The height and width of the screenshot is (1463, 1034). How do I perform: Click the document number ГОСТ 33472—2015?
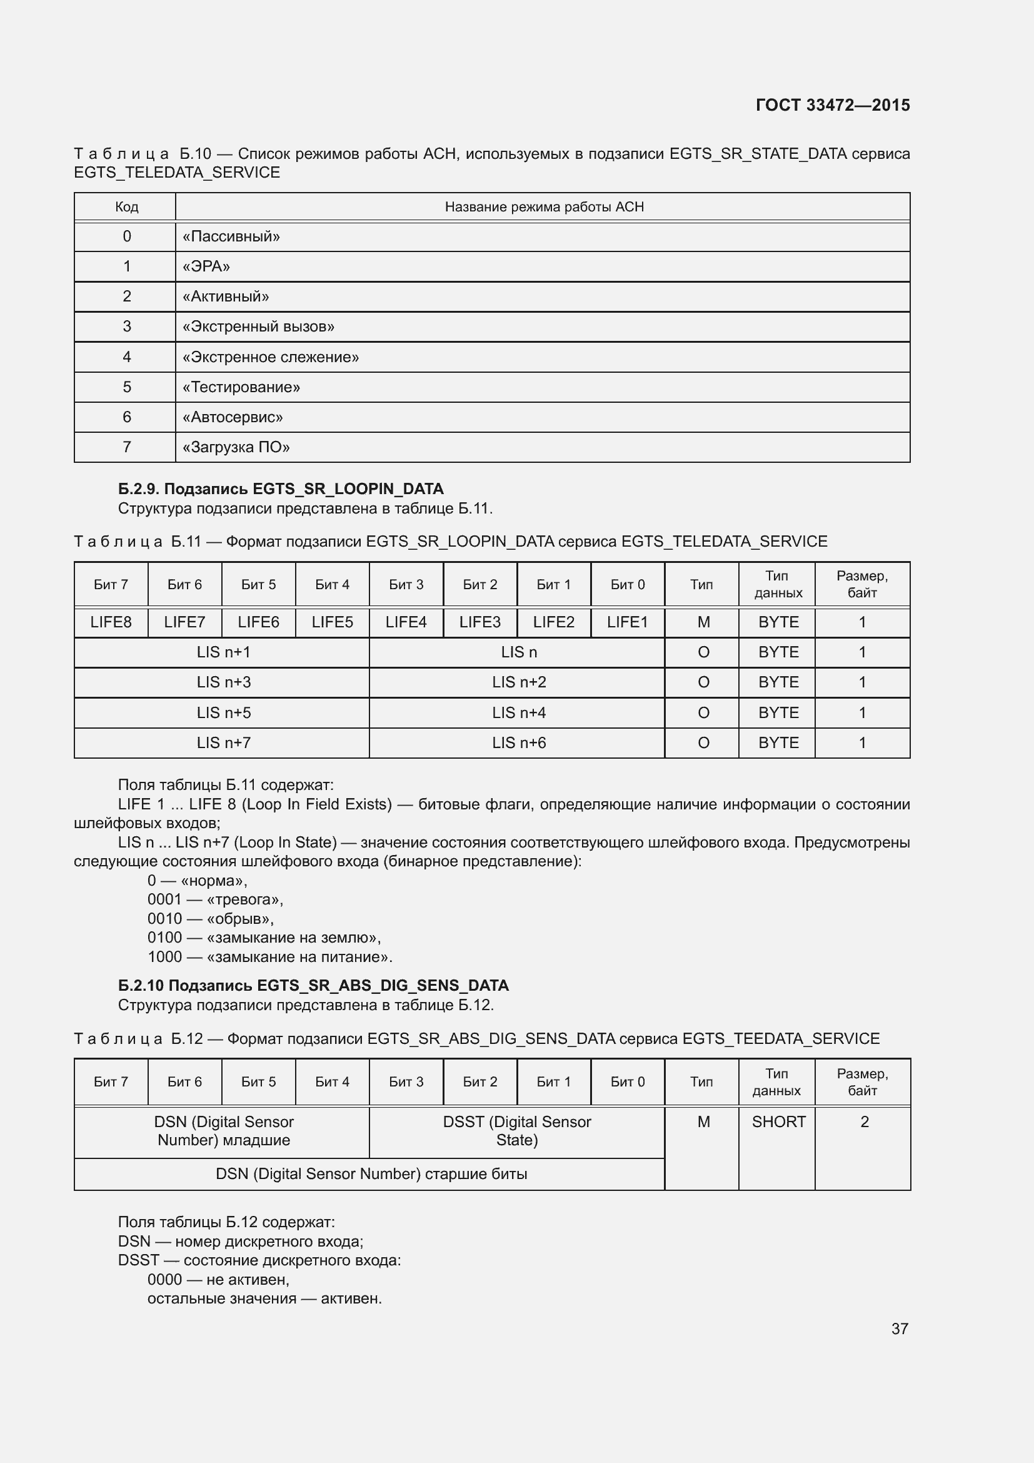[x=832, y=105]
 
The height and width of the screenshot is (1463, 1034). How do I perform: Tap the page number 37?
[x=899, y=1329]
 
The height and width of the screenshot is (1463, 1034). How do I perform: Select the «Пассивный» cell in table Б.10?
[x=231, y=236]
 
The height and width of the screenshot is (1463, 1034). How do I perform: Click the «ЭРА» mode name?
[x=206, y=266]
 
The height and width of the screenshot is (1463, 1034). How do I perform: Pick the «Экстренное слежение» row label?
[x=271, y=357]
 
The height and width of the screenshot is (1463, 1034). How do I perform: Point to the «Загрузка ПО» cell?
[x=236, y=447]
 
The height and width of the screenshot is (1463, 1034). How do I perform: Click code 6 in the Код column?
[x=127, y=417]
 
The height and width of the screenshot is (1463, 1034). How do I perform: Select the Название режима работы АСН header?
[x=544, y=207]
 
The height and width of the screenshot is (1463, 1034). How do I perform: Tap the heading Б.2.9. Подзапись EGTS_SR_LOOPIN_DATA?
[x=281, y=489]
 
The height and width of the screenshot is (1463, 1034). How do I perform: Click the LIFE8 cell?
[x=111, y=622]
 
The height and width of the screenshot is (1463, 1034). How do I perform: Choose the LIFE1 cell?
[x=627, y=622]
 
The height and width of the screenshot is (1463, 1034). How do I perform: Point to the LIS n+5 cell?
[x=223, y=712]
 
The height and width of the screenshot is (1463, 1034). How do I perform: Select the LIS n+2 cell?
[x=518, y=682]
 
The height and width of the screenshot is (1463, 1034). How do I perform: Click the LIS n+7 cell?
[x=223, y=742]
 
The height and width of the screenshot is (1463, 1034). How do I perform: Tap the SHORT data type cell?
[x=778, y=1122]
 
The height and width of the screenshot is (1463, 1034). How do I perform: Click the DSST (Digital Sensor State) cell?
[x=516, y=1131]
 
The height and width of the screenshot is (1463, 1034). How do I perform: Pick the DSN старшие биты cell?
[x=371, y=1173]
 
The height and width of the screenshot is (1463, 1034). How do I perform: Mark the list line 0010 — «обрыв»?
[x=211, y=918]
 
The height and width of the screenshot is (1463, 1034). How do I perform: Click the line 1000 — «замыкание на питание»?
[x=270, y=956]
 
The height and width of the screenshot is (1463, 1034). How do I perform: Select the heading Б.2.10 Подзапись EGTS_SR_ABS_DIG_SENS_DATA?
[x=313, y=985]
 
